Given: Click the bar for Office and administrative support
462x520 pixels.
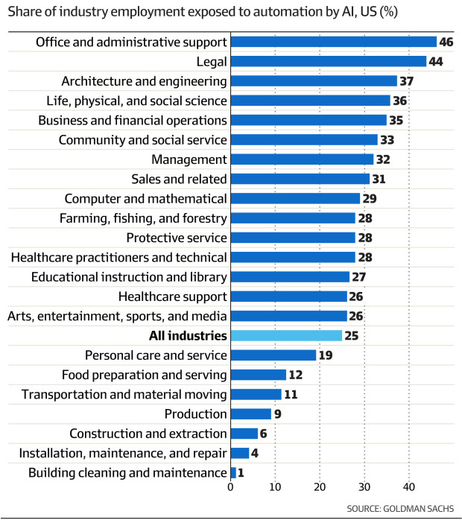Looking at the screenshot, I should click(333, 42).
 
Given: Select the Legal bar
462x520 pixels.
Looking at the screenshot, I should click(329, 61).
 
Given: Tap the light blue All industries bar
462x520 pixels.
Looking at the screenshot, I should click(286, 335).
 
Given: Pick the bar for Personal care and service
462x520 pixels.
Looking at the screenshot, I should click(273, 355).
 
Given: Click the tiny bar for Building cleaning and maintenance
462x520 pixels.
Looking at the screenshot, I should click(233, 472).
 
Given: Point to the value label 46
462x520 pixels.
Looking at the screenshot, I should click(447, 42).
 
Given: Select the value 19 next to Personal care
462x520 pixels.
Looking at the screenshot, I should click(326, 355).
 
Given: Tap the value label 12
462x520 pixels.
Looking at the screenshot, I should click(297, 375).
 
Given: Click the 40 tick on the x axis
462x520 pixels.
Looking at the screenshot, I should click(408, 487).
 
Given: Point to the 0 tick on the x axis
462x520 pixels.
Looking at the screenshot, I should click(231, 487).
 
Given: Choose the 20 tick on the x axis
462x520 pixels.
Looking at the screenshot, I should click(320, 487).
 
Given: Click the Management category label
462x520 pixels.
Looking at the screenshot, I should click(189, 159).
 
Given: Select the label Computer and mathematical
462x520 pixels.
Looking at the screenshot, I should click(145, 199).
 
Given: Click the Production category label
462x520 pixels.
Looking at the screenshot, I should click(194, 414).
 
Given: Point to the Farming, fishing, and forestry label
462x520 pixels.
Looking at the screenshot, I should click(143, 218).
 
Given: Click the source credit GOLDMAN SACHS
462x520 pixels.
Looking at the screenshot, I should click(399, 509).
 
